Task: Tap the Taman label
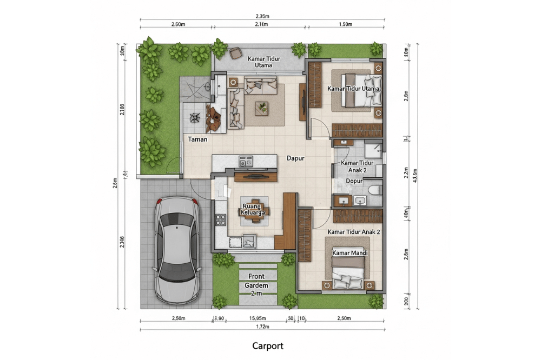point(197,139)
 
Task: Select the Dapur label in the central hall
point(295,159)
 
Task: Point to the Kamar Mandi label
point(347,253)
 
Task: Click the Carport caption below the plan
point(267,345)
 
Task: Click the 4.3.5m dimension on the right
point(415,177)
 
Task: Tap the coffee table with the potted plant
point(263,107)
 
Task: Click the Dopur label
point(354,181)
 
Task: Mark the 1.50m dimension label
point(345,24)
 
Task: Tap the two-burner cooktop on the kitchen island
point(246,161)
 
